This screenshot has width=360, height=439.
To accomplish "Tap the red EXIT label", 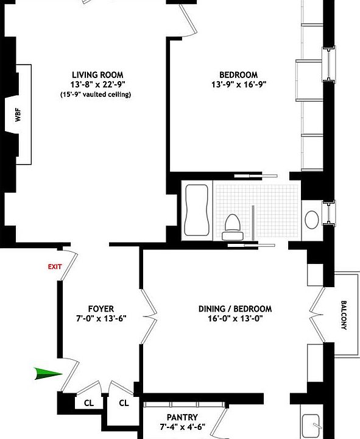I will pos(55,267).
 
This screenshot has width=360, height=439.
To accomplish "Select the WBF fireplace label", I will pos(18,115).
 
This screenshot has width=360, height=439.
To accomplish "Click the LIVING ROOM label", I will pos(96,75).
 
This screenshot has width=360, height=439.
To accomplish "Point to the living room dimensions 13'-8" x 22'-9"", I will pos(96,85).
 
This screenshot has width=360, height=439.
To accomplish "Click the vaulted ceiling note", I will pos(96,95).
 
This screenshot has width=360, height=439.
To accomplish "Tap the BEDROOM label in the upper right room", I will pos(239,75).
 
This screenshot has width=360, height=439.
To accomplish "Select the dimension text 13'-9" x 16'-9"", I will pos(239,85).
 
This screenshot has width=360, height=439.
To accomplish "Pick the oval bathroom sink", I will pos(311,219).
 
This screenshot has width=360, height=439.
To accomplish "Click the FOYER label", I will pos(101,309).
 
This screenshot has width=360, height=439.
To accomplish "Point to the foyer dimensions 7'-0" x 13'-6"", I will pos(101,319).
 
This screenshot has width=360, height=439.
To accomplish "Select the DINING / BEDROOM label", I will pos(235,309).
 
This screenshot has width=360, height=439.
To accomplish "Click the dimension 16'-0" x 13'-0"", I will pos(235,319).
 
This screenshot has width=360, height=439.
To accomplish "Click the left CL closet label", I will pos(88,402).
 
